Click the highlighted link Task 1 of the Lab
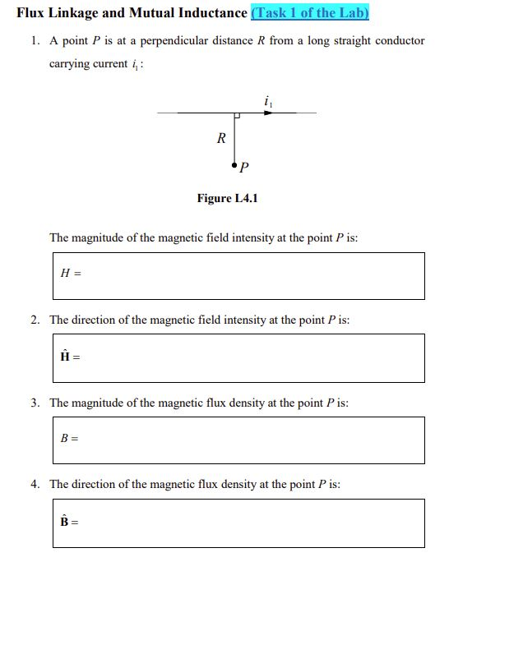(310, 13)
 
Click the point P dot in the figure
(235, 165)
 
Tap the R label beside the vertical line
(220, 139)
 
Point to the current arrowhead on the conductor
(268, 113)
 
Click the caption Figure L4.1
(228, 198)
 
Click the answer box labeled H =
(237, 275)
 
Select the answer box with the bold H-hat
(237, 357)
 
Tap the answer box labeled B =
(237, 440)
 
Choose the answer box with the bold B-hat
(237, 523)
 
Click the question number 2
(35, 320)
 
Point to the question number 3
(35, 403)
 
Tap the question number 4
(35, 485)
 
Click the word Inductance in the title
(213, 13)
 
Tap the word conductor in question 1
(400, 41)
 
